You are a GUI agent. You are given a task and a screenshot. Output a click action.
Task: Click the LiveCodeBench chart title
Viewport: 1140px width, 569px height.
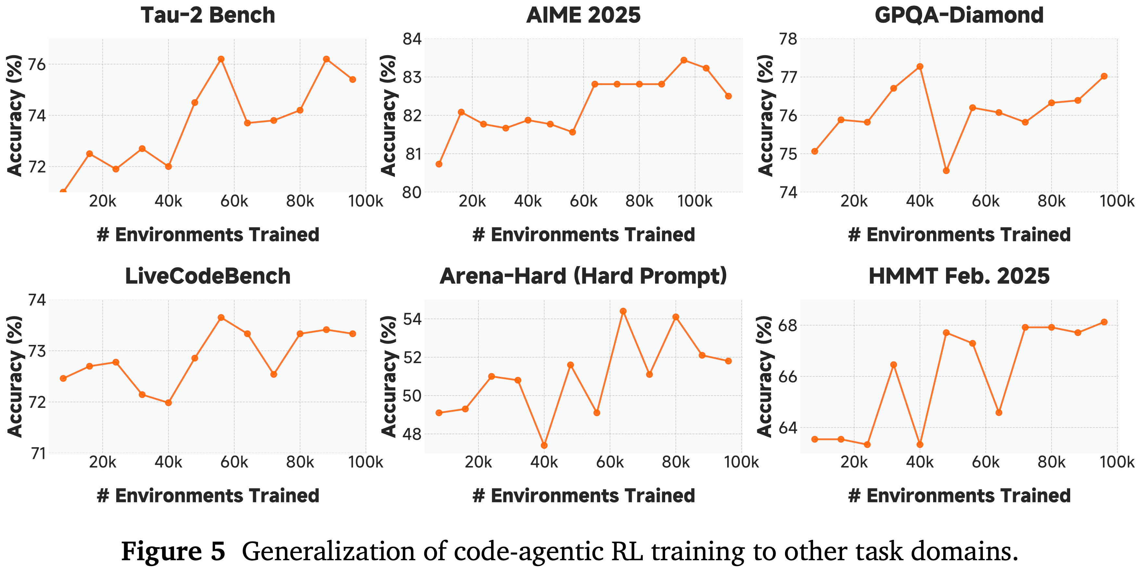click(x=208, y=276)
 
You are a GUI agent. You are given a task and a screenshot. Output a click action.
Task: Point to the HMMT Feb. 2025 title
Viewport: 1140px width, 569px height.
click(x=959, y=276)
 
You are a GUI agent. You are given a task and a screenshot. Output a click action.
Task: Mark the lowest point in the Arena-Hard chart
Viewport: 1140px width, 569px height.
click(x=544, y=445)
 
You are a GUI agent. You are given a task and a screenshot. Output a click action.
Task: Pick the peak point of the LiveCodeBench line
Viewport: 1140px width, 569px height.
click(x=221, y=317)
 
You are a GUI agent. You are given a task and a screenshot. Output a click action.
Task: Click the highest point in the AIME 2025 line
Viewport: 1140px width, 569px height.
click(x=684, y=60)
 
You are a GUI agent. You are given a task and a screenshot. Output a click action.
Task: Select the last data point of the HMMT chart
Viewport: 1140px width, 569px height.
click(x=1104, y=322)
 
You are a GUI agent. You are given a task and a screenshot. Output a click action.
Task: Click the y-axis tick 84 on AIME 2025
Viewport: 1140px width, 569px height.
click(x=412, y=39)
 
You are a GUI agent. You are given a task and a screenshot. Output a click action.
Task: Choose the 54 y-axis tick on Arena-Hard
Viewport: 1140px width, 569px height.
click(x=412, y=319)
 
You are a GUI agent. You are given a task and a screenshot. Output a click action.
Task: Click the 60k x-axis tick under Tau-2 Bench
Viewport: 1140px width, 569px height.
click(x=234, y=202)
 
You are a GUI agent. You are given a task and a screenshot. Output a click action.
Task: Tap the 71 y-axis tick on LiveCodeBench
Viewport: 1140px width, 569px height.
click(x=37, y=453)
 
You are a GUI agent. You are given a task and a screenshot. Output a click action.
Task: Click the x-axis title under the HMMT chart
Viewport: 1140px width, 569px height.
click(x=959, y=496)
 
